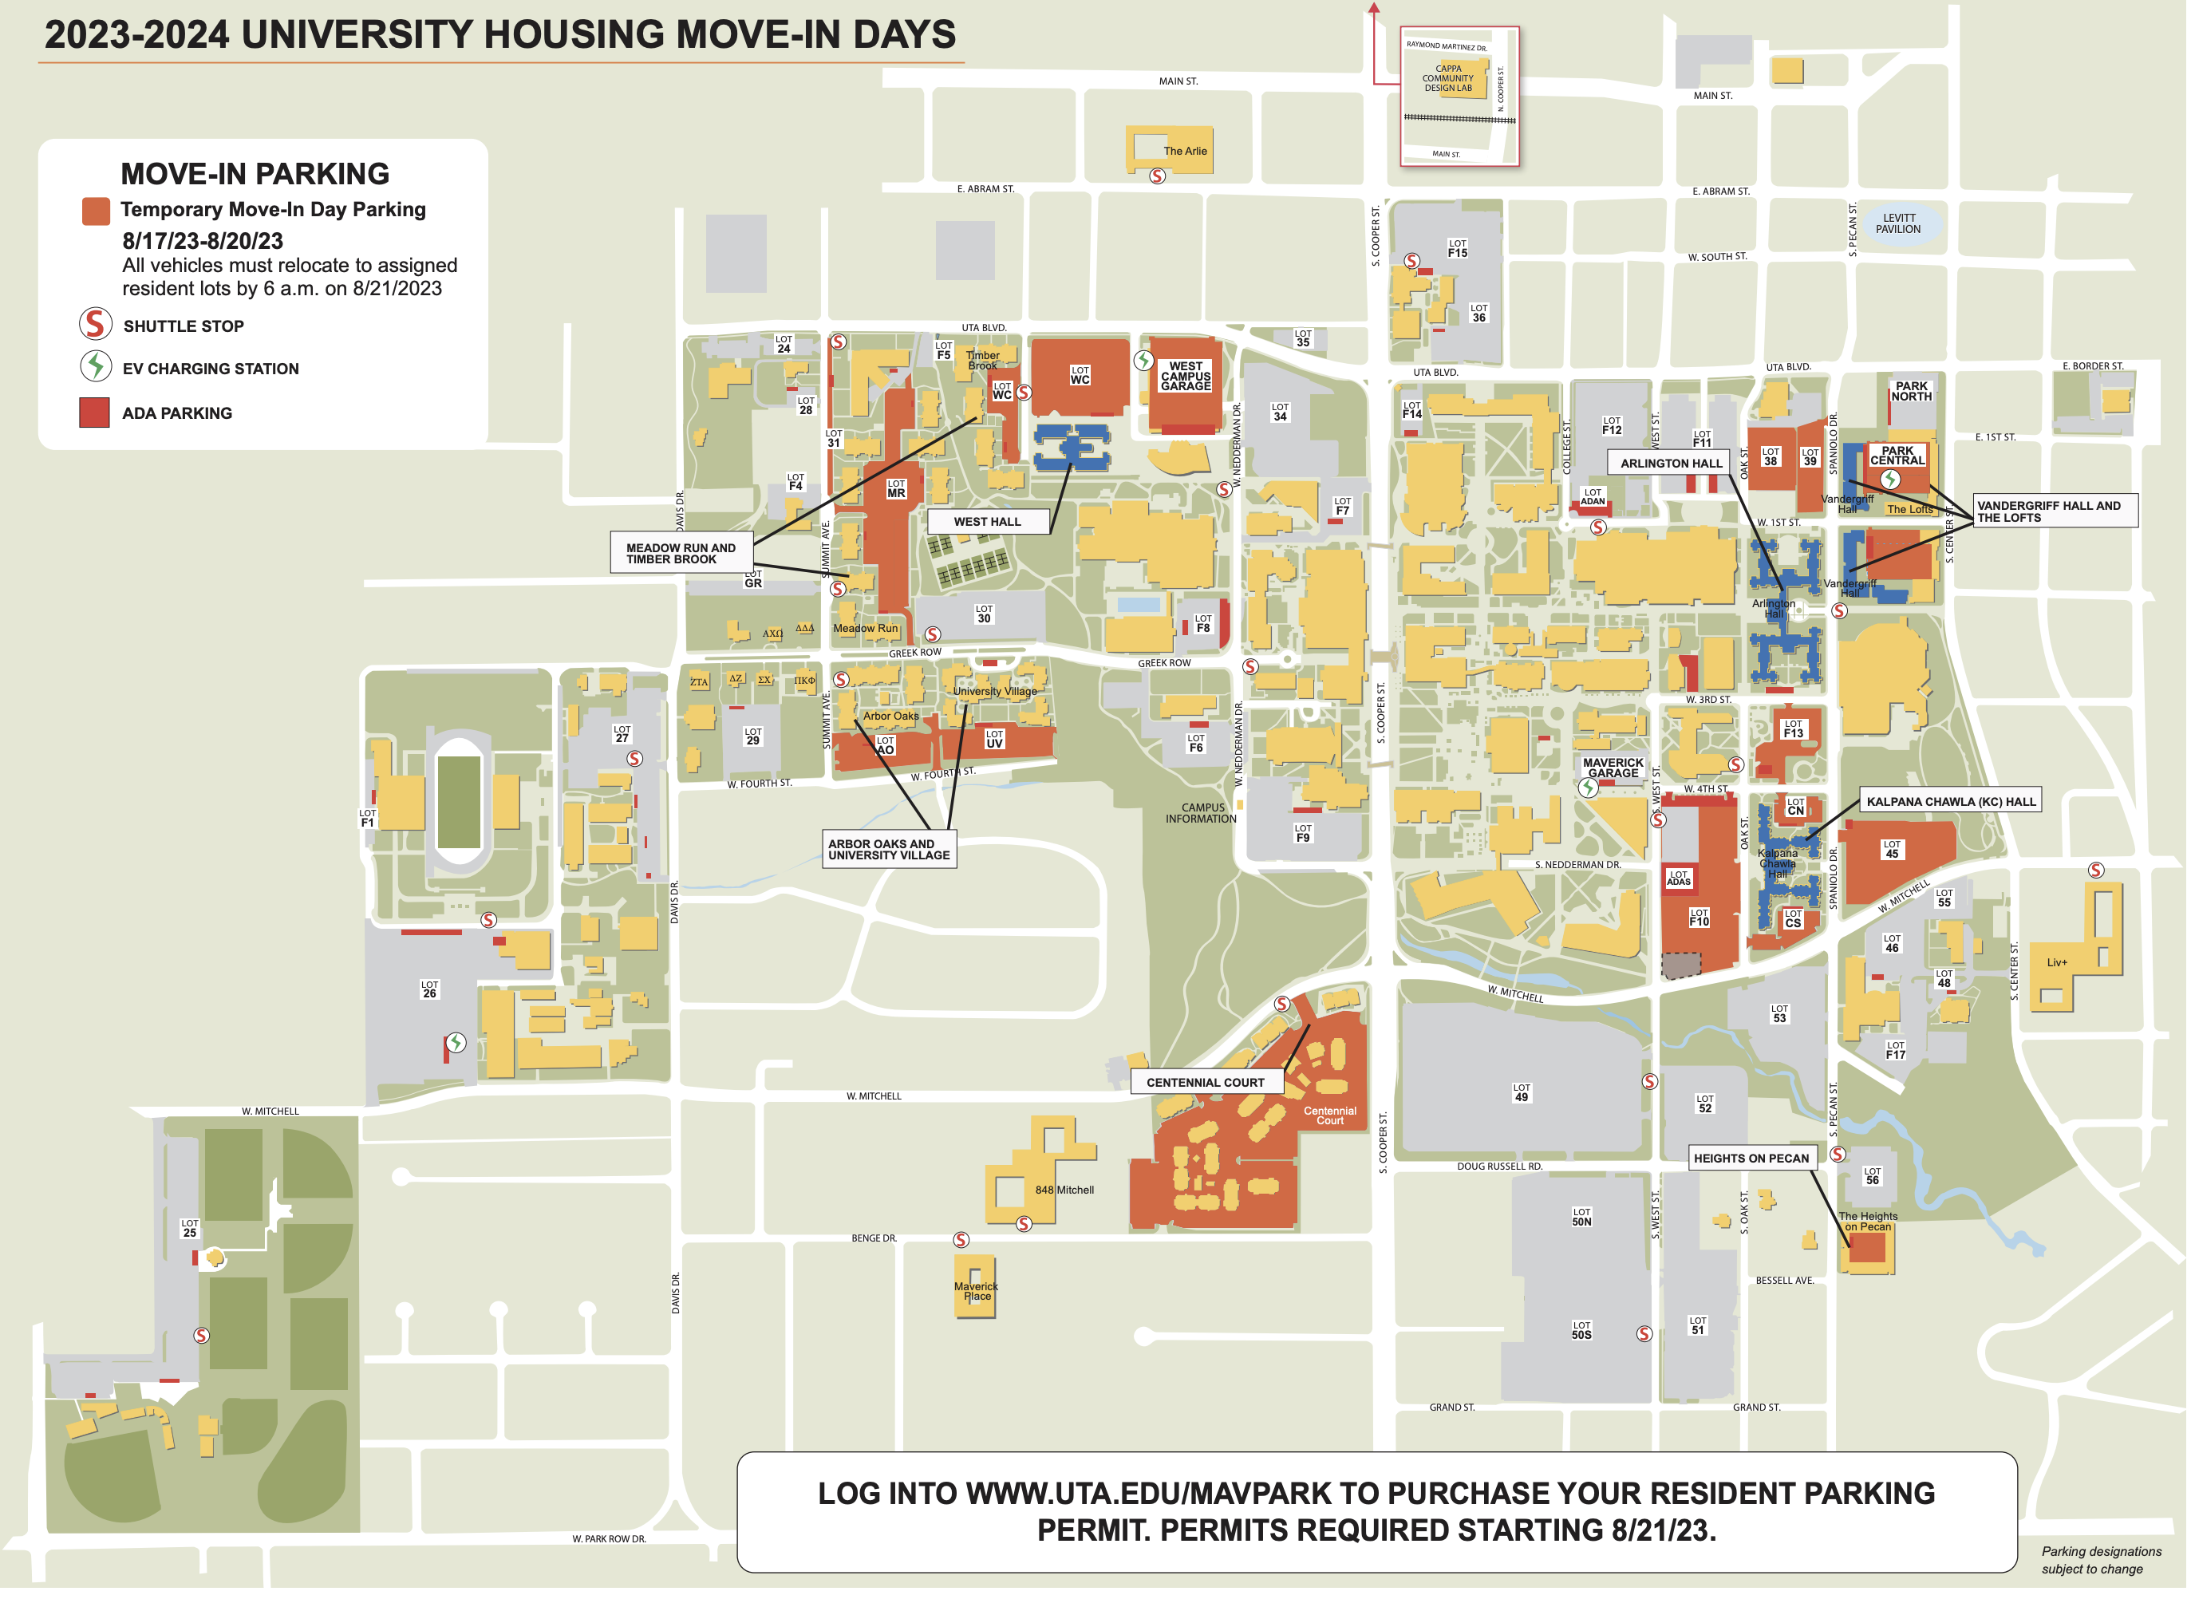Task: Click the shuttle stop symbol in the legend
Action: [x=95, y=324]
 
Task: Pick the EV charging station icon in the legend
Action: [x=95, y=367]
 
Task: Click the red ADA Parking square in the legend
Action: [x=94, y=413]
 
